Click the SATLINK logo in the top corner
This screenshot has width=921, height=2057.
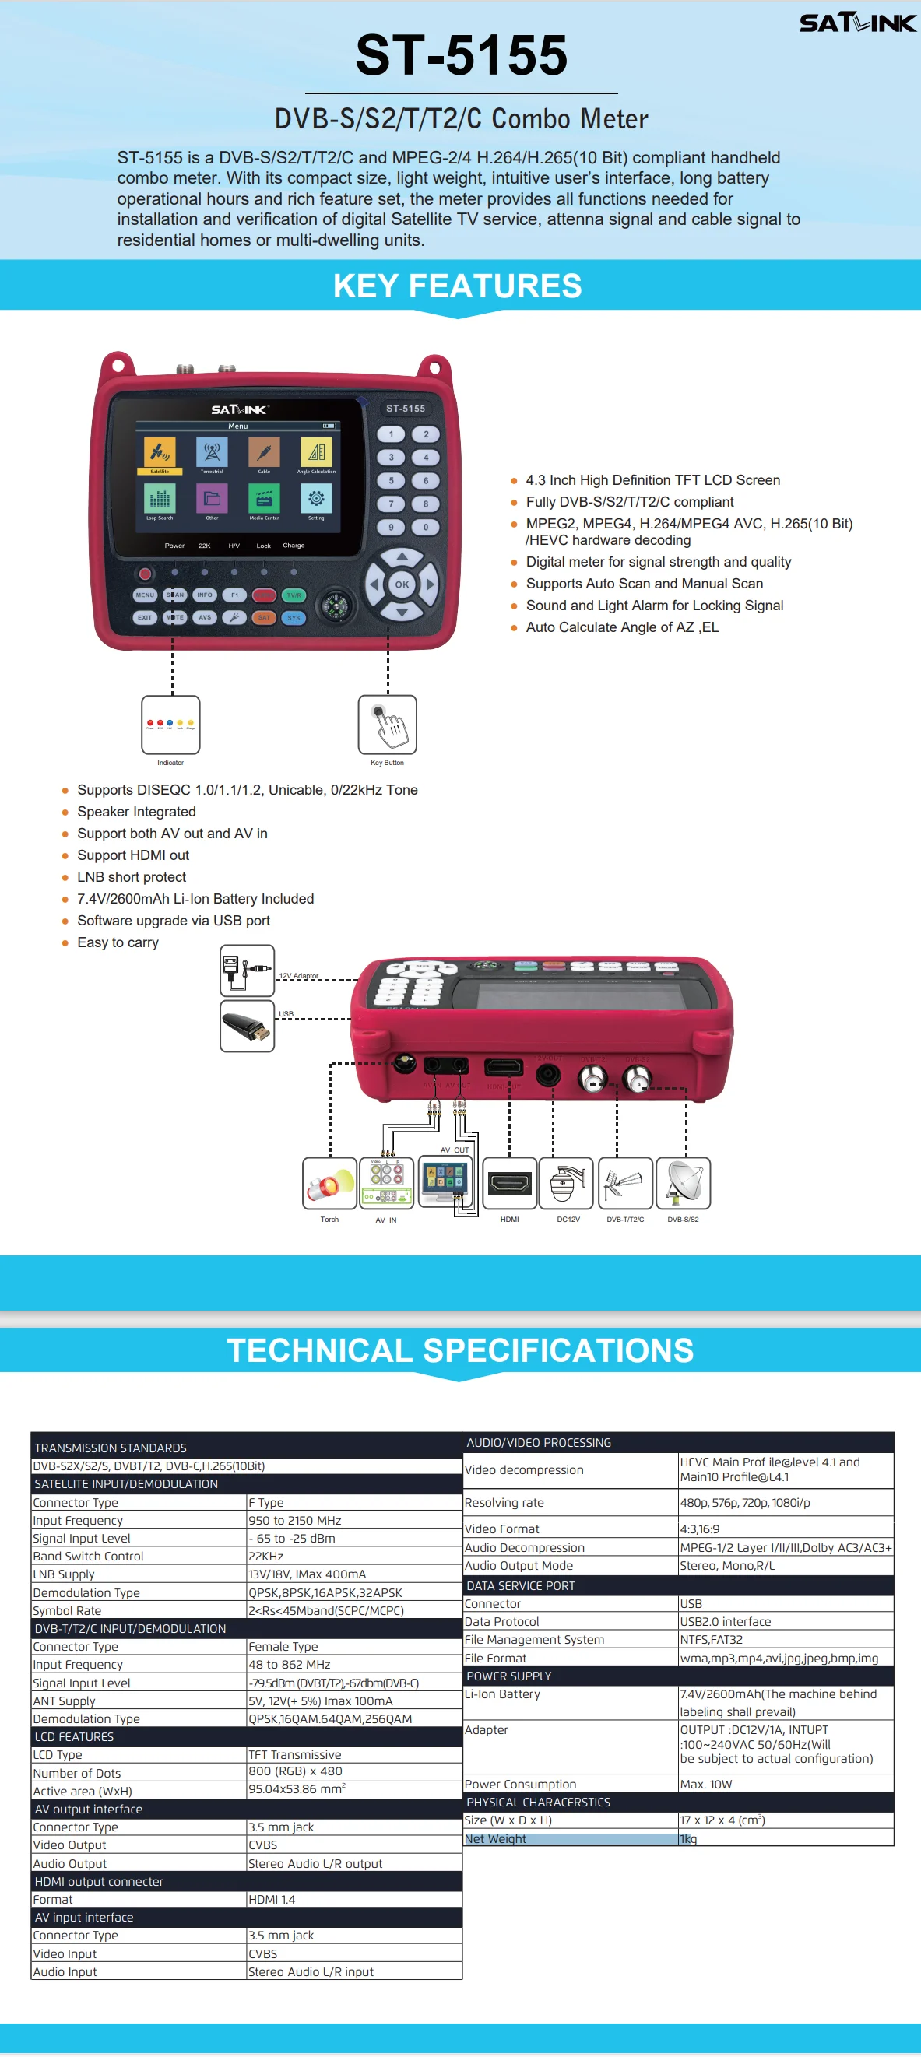[x=857, y=23]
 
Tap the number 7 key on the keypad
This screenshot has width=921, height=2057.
[x=391, y=504]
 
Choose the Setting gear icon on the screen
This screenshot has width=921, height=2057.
[x=316, y=499]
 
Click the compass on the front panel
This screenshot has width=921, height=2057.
[x=335, y=606]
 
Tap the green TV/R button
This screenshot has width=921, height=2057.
[x=294, y=595]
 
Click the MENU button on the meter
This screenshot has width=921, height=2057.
[x=145, y=595]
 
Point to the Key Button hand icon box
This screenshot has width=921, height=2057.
[x=388, y=725]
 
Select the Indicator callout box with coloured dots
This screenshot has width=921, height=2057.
[x=170, y=725]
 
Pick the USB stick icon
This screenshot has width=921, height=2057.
[x=247, y=1026]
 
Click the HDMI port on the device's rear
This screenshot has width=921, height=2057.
[x=504, y=1068]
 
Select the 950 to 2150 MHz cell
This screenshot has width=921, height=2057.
[x=295, y=1521]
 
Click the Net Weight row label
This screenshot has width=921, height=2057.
[x=495, y=1839]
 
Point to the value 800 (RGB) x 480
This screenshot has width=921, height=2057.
[x=295, y=1771]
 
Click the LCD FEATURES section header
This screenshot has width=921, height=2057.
[x=74, y=1737]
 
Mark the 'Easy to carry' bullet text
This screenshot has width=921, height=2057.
[x=118, y=942]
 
